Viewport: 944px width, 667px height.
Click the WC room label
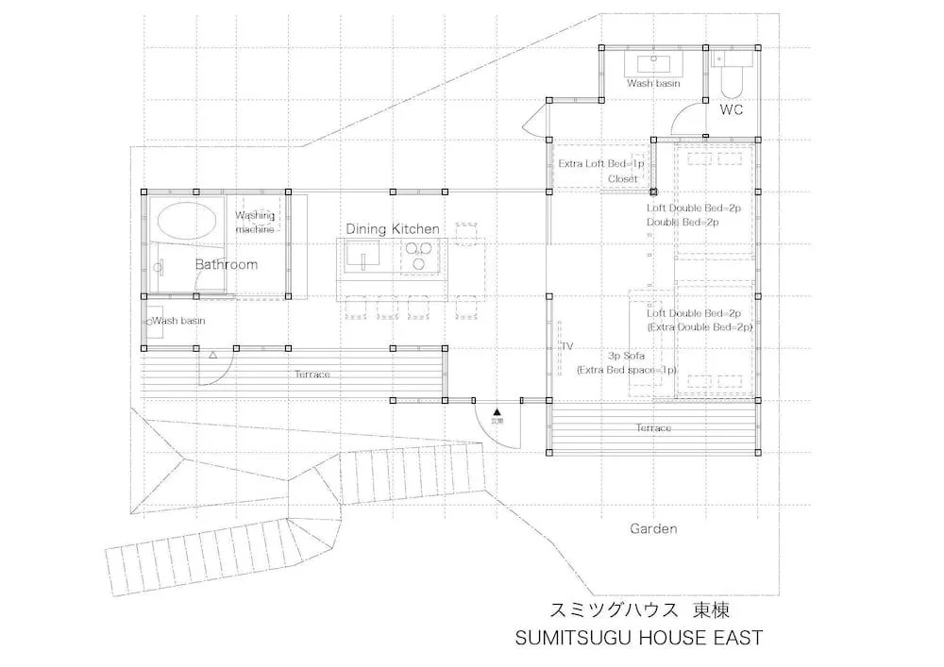point(732,110)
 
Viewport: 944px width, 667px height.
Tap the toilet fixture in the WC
point(732,80)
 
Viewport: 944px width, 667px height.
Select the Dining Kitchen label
point(392,229)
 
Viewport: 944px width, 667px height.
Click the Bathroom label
point(227,264)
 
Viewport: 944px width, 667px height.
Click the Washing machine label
point(255,222)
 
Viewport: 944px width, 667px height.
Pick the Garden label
point(653,529)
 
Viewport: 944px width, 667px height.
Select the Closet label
point(623,178)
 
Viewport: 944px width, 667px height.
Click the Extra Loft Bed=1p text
point(601,163)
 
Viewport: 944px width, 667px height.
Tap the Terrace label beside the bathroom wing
point(312,375)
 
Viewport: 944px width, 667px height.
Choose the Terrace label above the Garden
point(653,428)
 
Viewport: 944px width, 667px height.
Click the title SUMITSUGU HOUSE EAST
point(638,638)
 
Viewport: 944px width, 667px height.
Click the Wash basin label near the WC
point(653,84)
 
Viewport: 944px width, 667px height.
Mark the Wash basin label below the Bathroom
point(178,321)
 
